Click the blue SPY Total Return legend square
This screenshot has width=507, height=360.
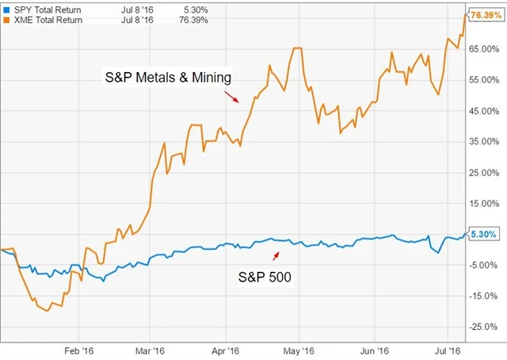click(x=6, y=8)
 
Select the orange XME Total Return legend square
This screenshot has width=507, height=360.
click(x=6, y=20)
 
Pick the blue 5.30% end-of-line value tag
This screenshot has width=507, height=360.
click(x=482, y=235)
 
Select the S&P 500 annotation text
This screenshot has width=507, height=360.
click(x=265, y=277)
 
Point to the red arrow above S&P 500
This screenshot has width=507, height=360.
click(x=276, y=255)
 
